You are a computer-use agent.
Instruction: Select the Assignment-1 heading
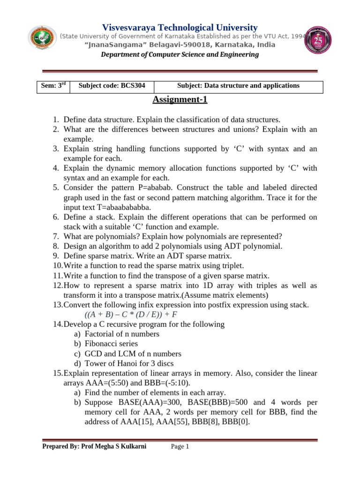pyautogui.click(x=180, y=100)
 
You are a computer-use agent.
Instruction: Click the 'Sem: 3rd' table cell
pyautogui.click(x=52, y=86)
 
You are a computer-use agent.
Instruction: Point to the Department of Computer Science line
pyautogui.click(x=180, y=55)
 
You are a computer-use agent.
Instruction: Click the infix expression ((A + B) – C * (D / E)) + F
pyautogui.click(x=131, y=314)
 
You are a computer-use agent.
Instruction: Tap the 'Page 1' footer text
pyautogui.click(x=180, y=447)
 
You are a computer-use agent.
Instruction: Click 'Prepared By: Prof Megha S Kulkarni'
pyautogui.click(x=94, y=447)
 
